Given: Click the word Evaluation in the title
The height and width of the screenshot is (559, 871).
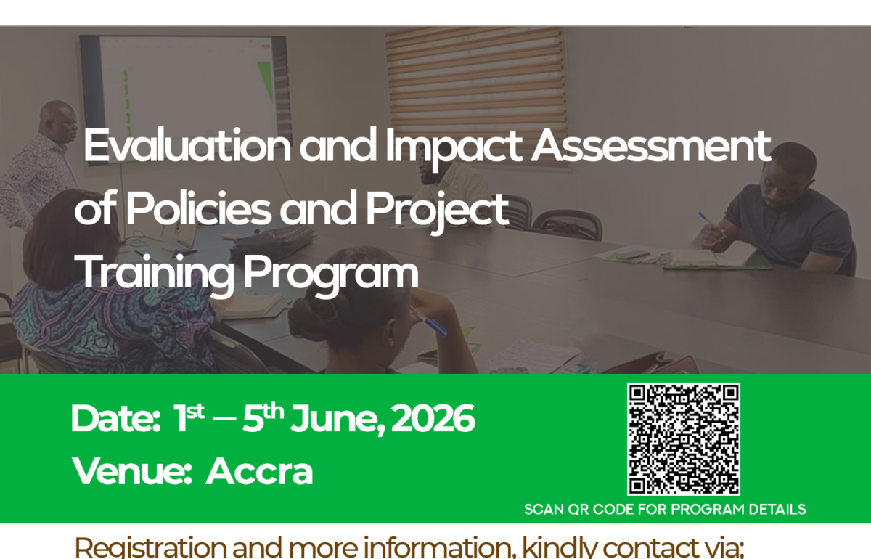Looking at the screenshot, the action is click(x=187, y=144).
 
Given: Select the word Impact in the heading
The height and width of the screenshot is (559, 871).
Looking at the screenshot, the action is click(x=454, y=148).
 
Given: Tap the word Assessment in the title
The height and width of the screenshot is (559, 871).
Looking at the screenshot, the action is click(x=651, y=144).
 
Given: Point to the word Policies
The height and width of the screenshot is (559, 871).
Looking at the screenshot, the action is click(x=198, y=208).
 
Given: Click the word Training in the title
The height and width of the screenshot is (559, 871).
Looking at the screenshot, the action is click(x=155, y=274).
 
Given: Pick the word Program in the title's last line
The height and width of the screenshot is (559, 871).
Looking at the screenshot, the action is click(x=331, y=275).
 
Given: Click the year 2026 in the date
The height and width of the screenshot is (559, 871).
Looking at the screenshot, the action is click(x=433, y=419).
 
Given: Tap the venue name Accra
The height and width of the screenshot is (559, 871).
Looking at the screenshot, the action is click(x=259, y=471).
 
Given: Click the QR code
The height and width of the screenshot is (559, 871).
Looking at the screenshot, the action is click(x=684, y=439).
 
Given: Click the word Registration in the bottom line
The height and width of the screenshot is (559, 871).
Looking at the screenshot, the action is click(x=150, y=547).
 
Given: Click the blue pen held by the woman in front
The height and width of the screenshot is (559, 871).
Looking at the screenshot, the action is click(x=428, y=322).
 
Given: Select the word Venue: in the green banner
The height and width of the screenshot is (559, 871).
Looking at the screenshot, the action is click(x=132, y=471).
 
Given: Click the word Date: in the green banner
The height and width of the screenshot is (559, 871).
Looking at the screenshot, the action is click(x=115, y=419).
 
